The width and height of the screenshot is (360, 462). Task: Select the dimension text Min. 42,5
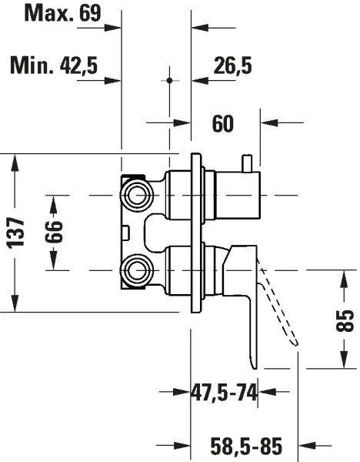pos(54,66)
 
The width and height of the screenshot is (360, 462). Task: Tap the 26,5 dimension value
pos(232,67)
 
